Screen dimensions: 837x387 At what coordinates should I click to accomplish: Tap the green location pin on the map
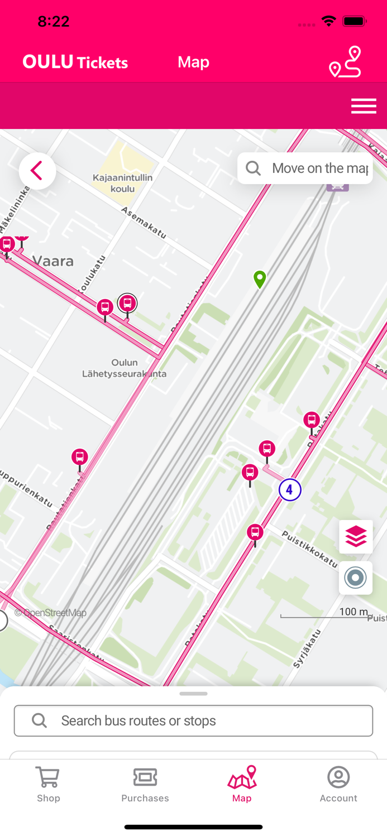tap(260, 278)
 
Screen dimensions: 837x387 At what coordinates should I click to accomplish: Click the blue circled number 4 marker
tap(290, 490)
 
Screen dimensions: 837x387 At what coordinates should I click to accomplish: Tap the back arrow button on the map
tap(37, 171)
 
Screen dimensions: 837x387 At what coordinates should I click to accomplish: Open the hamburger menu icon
tap(364, 106)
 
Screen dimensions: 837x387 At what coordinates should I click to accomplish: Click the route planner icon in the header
tap(345, 62)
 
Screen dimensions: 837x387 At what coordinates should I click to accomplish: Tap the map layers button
tap(356, 537)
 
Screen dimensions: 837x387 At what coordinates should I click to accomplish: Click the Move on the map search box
tap(305, 169)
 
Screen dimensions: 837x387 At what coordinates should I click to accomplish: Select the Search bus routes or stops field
tap(193, 720)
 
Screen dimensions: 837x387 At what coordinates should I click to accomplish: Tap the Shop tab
tap(49, 783)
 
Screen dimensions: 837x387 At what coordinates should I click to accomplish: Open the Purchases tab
tap(145, 783)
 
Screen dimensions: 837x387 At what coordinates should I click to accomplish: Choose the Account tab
tap(338, 783)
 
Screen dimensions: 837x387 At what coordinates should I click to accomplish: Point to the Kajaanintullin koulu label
tap(123, 183)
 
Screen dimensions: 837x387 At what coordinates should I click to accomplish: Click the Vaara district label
tap(53, 261)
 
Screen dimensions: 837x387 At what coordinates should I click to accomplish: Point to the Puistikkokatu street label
tap(308, 549)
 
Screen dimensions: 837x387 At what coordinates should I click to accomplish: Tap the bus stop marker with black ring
tap(127, 303)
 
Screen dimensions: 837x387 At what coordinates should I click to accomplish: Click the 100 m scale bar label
tap(353, 612)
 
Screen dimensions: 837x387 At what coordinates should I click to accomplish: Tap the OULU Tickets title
tap(75, 62)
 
